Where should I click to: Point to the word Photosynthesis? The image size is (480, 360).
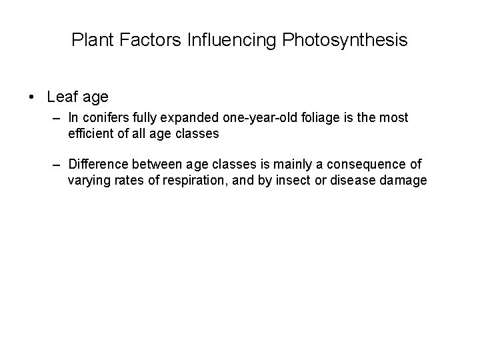(345, 41)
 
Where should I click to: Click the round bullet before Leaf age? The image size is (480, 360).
(32, 97)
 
